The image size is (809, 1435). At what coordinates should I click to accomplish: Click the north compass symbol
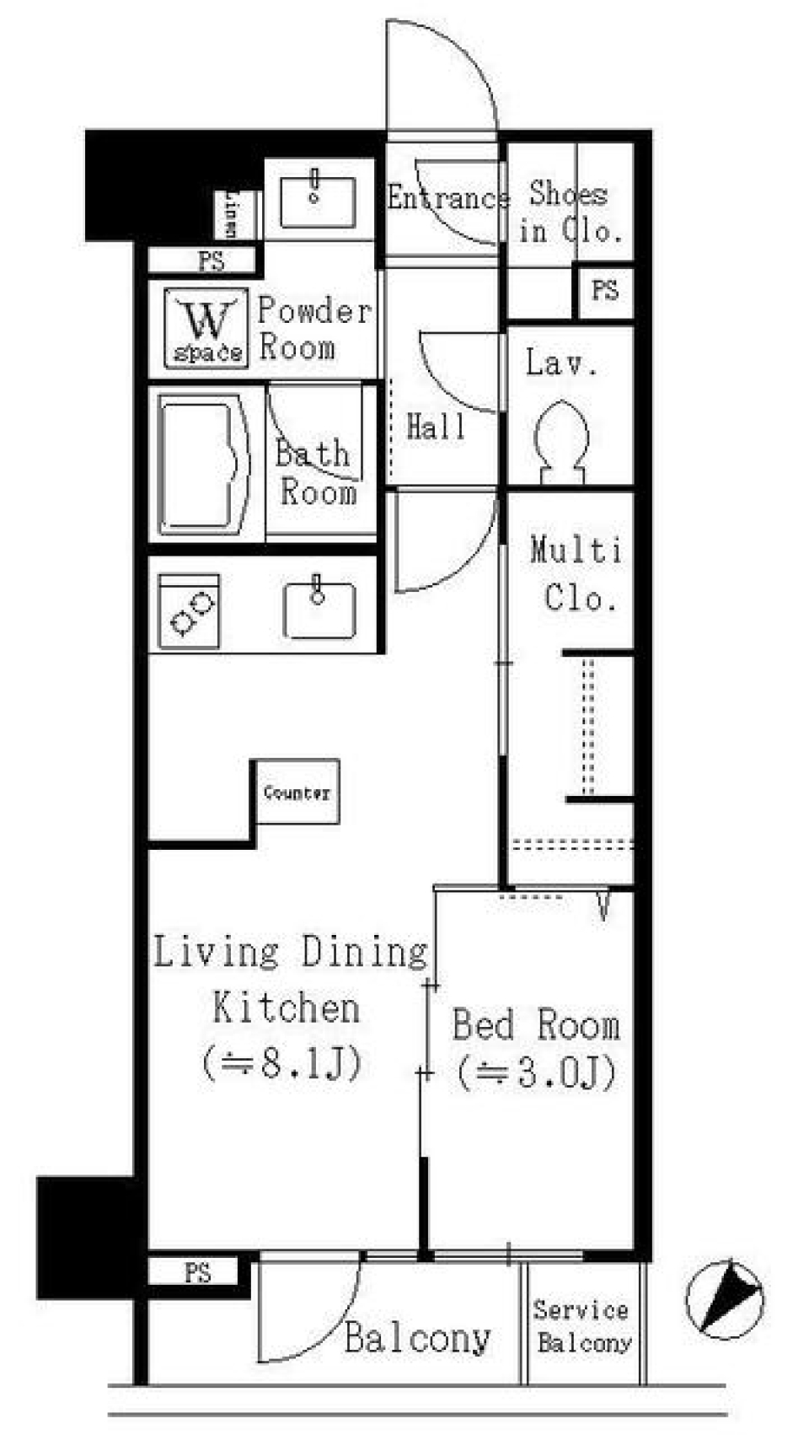click(x=725, y=1299)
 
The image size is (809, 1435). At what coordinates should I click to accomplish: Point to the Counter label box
click(x=297, y=792)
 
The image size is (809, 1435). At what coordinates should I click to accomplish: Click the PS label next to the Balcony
click(x=199, y=1272)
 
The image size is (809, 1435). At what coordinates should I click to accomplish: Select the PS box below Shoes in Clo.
click(x=604, y=291)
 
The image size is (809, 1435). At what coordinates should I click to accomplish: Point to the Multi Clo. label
click(x=577, y=574)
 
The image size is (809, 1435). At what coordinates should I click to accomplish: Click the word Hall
click(x=436, y=427)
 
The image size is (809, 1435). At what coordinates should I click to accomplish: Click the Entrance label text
click(x=447, y=199)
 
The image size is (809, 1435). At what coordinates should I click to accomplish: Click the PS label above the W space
click(x=211, y=261)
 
